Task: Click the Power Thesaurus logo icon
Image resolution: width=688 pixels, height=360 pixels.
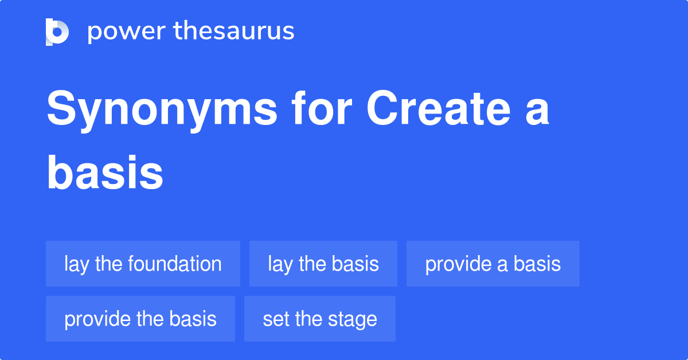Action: coord(57,32)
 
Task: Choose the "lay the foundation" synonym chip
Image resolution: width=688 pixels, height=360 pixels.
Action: coord(143,264)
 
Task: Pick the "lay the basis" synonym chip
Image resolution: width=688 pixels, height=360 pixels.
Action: coord(323,264)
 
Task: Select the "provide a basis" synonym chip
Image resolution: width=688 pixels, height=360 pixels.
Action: coord(492,264)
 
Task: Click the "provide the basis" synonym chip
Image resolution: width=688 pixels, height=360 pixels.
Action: coord(140,319)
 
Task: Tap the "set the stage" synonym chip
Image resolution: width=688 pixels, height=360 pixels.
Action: coord(319,319)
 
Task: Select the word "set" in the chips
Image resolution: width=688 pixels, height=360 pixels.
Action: coord(273,319)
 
